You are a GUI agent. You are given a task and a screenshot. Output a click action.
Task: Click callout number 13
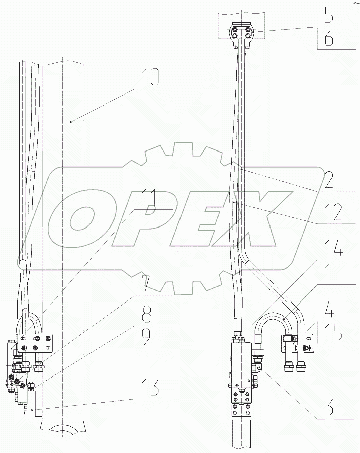[151, 387]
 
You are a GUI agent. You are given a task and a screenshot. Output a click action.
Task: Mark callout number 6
[328, 38]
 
